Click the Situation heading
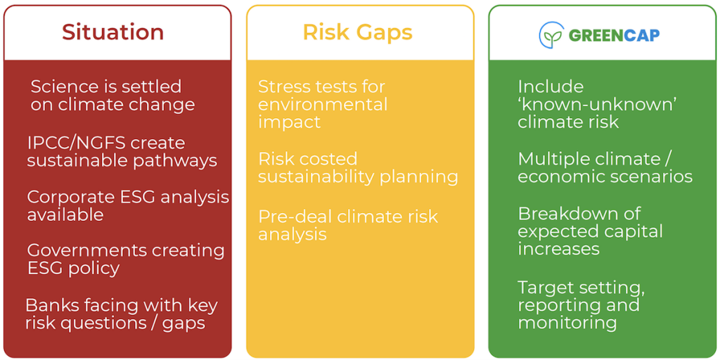[113, 32]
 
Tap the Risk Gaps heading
[357, 32]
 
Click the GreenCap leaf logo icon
[551, 35]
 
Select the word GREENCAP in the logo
[614, 35]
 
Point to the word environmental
[323, 104]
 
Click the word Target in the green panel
[545, 288]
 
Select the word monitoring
[567, 323]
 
